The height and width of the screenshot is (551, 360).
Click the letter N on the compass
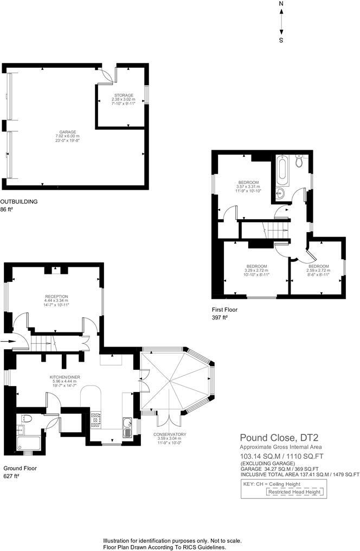[281, 3]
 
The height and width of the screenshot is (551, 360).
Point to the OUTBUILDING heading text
[19, 201]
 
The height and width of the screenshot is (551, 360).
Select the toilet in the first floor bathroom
[299, 161]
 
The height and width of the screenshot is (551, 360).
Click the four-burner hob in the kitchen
[96, 418]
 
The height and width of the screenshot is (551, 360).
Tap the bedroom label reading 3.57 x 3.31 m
[248, 186]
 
